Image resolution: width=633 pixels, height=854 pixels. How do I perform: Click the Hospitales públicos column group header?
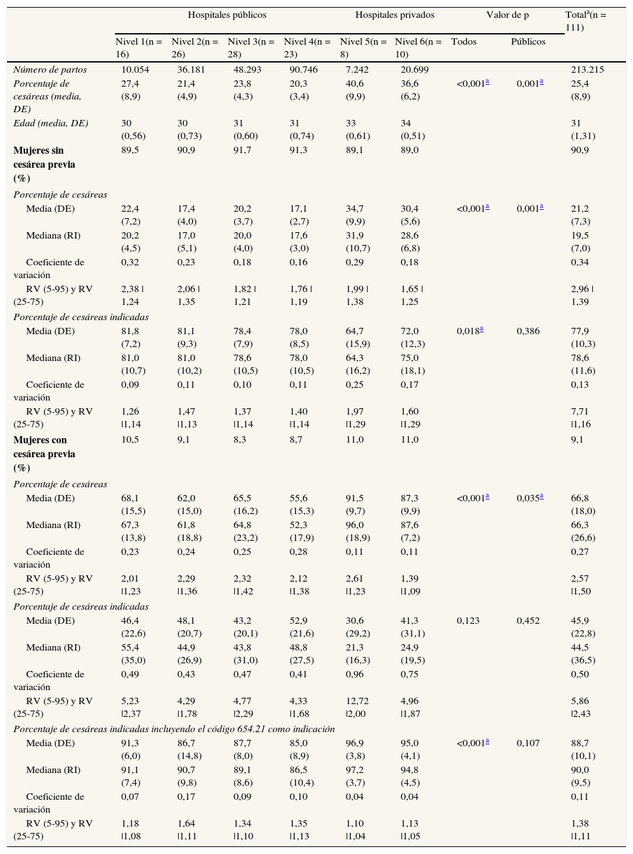click(227, 15)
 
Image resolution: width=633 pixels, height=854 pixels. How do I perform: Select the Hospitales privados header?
click(394, 15)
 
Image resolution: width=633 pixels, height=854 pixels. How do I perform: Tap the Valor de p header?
click(507, 15)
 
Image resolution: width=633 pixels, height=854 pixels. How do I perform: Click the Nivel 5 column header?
click(362, 48)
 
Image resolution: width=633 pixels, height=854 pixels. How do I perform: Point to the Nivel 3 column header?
click(251, 48)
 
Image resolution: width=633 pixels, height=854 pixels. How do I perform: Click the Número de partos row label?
click(50, 70)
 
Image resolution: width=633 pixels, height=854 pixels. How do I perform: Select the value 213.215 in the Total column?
click(587, 70)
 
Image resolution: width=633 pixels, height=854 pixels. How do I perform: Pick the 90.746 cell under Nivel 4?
click(303, 70)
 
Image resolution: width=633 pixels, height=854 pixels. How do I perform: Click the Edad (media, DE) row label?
click(51, 123)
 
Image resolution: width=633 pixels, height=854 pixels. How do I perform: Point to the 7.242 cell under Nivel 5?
click(357, 70)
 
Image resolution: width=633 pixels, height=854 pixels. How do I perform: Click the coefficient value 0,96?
click(355, 674)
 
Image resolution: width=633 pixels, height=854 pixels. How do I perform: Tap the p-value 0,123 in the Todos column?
click(468, 621)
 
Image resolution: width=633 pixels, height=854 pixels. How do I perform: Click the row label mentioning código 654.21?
click(174, 729)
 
